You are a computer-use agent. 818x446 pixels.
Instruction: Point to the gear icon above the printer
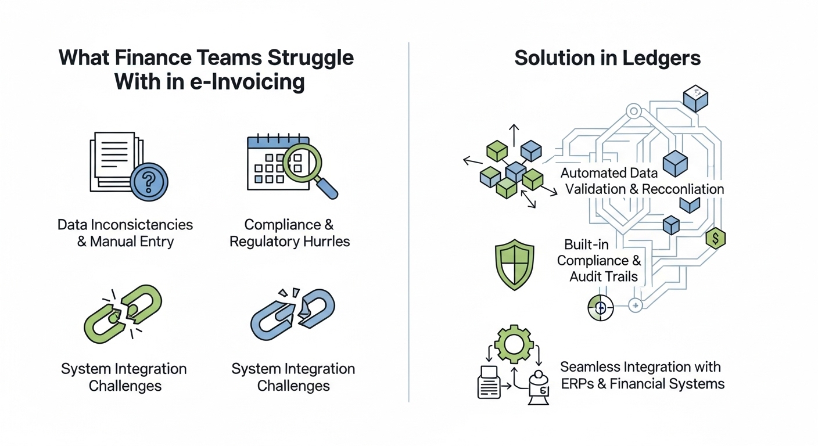[x=514, y=344]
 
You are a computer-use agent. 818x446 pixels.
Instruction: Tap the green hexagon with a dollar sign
[x=715, y=238]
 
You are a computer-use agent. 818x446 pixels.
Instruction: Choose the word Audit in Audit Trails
[x=586, y=276]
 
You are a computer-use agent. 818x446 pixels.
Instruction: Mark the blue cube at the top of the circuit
[x=695, y=98]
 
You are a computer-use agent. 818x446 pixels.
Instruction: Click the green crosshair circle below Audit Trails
[x=600, y=307]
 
